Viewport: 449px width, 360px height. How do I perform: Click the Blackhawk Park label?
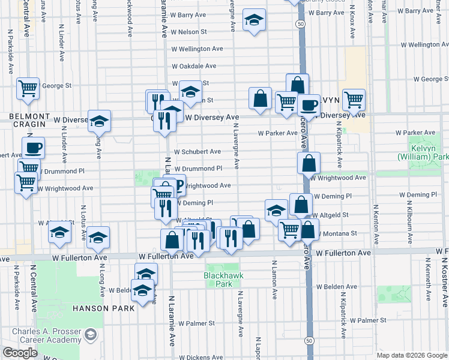click(x=217, y=280)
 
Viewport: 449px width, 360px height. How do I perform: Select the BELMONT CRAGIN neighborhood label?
click(x=28, y=119)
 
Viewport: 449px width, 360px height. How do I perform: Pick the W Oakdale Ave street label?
click(x=193, y=66)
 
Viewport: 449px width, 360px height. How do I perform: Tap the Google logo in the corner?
click(x=20, y=353)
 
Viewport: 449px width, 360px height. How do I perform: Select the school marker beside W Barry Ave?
click(x=254, y=22)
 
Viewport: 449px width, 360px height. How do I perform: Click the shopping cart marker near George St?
click(x=28, y=88)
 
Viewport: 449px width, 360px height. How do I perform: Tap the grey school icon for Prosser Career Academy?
click(x=91, y=334)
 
